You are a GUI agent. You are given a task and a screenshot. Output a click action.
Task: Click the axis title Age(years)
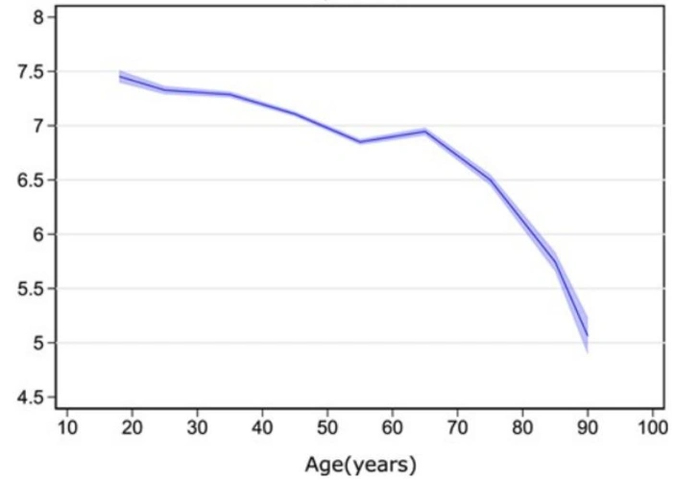click(360, 466)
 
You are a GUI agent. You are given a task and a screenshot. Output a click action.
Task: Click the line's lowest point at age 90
click(587, 335)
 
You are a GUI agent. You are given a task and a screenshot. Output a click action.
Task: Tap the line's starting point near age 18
click(119, 77)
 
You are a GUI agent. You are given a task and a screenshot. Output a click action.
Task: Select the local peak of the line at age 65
click(424, 131)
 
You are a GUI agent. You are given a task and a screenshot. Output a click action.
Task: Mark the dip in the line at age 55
click(359, 142)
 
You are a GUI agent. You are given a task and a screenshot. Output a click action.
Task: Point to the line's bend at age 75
click(490, 180)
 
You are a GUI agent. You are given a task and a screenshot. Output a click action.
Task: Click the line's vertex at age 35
click(229, 94)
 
